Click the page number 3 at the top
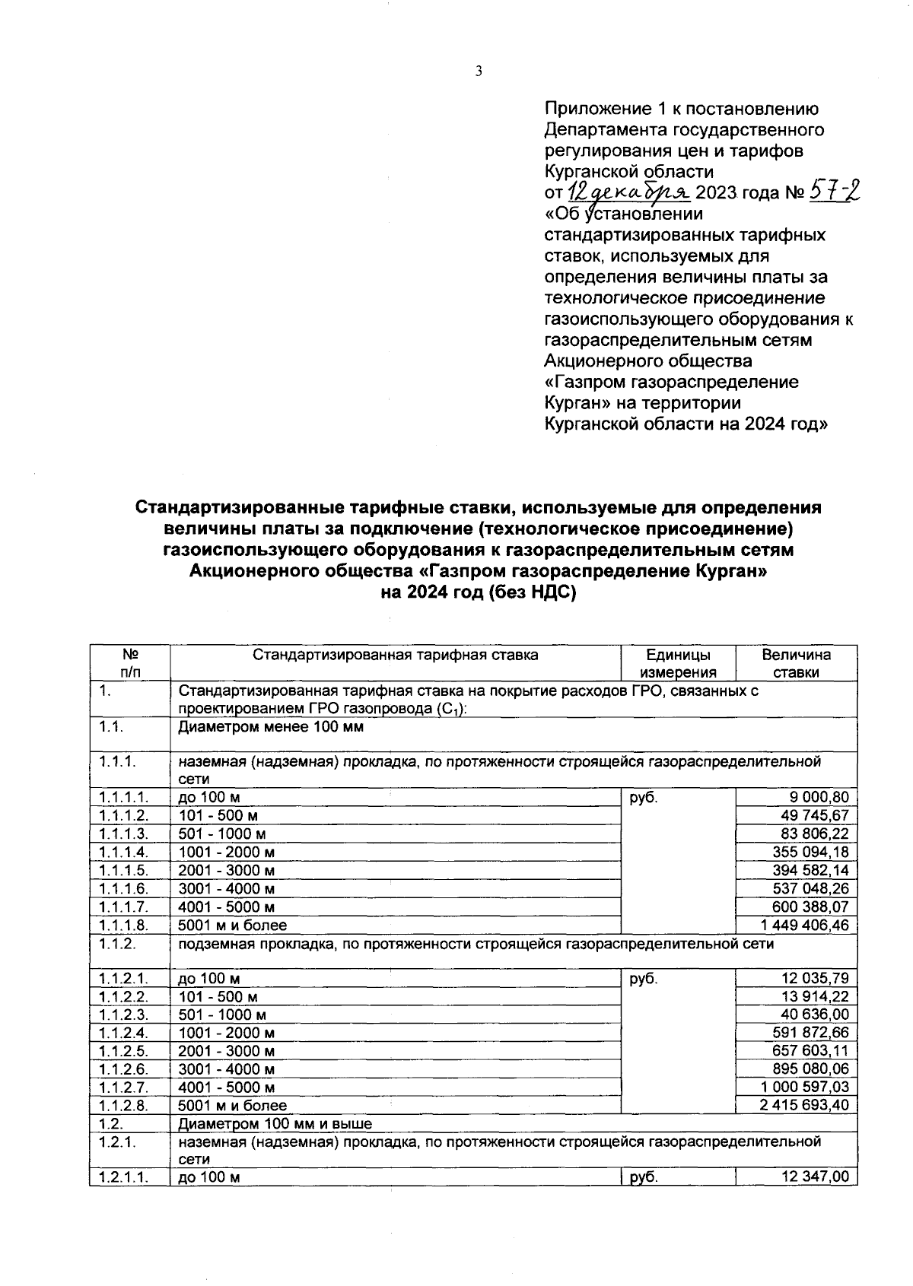tap(479, 71)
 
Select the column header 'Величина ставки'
tap(796, 663)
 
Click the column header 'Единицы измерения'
tap(678, 663)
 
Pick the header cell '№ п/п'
tap(130, 663)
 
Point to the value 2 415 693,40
tap(804, 1106)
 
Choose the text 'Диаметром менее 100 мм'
tap(271, 727)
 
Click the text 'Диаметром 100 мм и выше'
tap(275, 1124)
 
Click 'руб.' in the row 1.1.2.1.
tap(644, 980)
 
